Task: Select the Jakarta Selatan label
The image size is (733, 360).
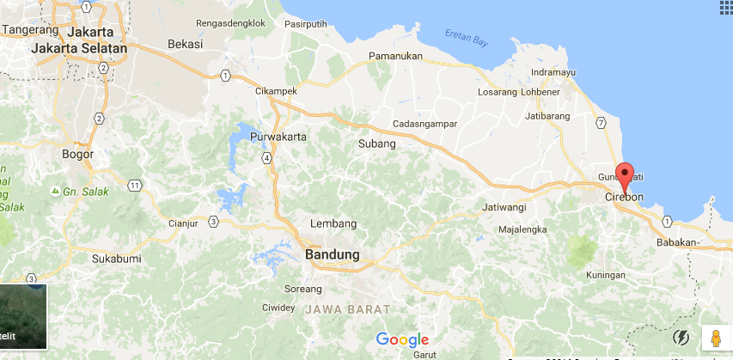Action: [x=79, y=49]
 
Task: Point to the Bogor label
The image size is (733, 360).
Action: [x=77, y=155]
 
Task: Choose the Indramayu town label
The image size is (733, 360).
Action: [x=553, y=72]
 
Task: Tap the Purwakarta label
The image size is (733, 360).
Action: [x=278, y=137]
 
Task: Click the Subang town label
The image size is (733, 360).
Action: [x=376, y=143]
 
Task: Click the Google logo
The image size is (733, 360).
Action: [x=402, y=340]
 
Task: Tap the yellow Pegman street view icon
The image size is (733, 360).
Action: [x=714, y=339]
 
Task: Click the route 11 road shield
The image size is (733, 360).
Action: [x=134, y=186]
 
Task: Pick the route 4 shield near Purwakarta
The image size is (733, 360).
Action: [x=268, y=157]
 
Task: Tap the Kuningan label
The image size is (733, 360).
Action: [x=604, y=275]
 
